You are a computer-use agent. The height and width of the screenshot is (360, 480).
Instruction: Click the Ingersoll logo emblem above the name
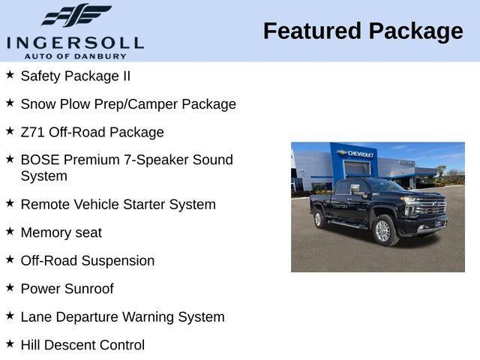[76, 15]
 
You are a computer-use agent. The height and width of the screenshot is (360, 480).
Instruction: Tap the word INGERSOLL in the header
[75, 41]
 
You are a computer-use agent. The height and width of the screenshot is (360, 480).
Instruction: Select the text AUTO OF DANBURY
[75, 55]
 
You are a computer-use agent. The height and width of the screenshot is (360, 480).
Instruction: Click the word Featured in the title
[311, 31]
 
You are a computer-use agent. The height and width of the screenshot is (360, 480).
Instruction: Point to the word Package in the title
[415, 31]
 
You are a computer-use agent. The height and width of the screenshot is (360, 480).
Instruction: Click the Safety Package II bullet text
[75, 76]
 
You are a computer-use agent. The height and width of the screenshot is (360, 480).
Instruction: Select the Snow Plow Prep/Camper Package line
[128, 104]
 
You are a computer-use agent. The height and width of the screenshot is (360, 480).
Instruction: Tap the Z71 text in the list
[33, 132]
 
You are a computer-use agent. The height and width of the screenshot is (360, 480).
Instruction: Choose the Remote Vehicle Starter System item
[118, 204]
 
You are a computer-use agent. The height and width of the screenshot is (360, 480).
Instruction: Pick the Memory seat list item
[61, 232]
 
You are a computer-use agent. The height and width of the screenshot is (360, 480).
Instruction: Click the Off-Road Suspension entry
[87, 261]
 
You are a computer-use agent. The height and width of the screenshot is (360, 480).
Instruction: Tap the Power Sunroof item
[67, 289]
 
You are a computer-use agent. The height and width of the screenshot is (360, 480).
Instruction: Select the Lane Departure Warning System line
[122, 317]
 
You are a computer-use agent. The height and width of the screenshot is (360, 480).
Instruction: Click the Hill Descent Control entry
[82, 345]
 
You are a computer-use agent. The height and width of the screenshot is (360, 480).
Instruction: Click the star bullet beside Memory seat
[10, 231]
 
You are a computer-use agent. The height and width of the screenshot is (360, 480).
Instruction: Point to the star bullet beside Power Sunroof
[10, 287]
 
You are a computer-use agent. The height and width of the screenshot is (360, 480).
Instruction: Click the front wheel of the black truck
[382, 231]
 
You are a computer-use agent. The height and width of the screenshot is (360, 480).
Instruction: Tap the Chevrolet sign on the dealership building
[357, 153]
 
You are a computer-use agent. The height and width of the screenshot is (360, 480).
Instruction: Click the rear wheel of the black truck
[318, 219]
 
